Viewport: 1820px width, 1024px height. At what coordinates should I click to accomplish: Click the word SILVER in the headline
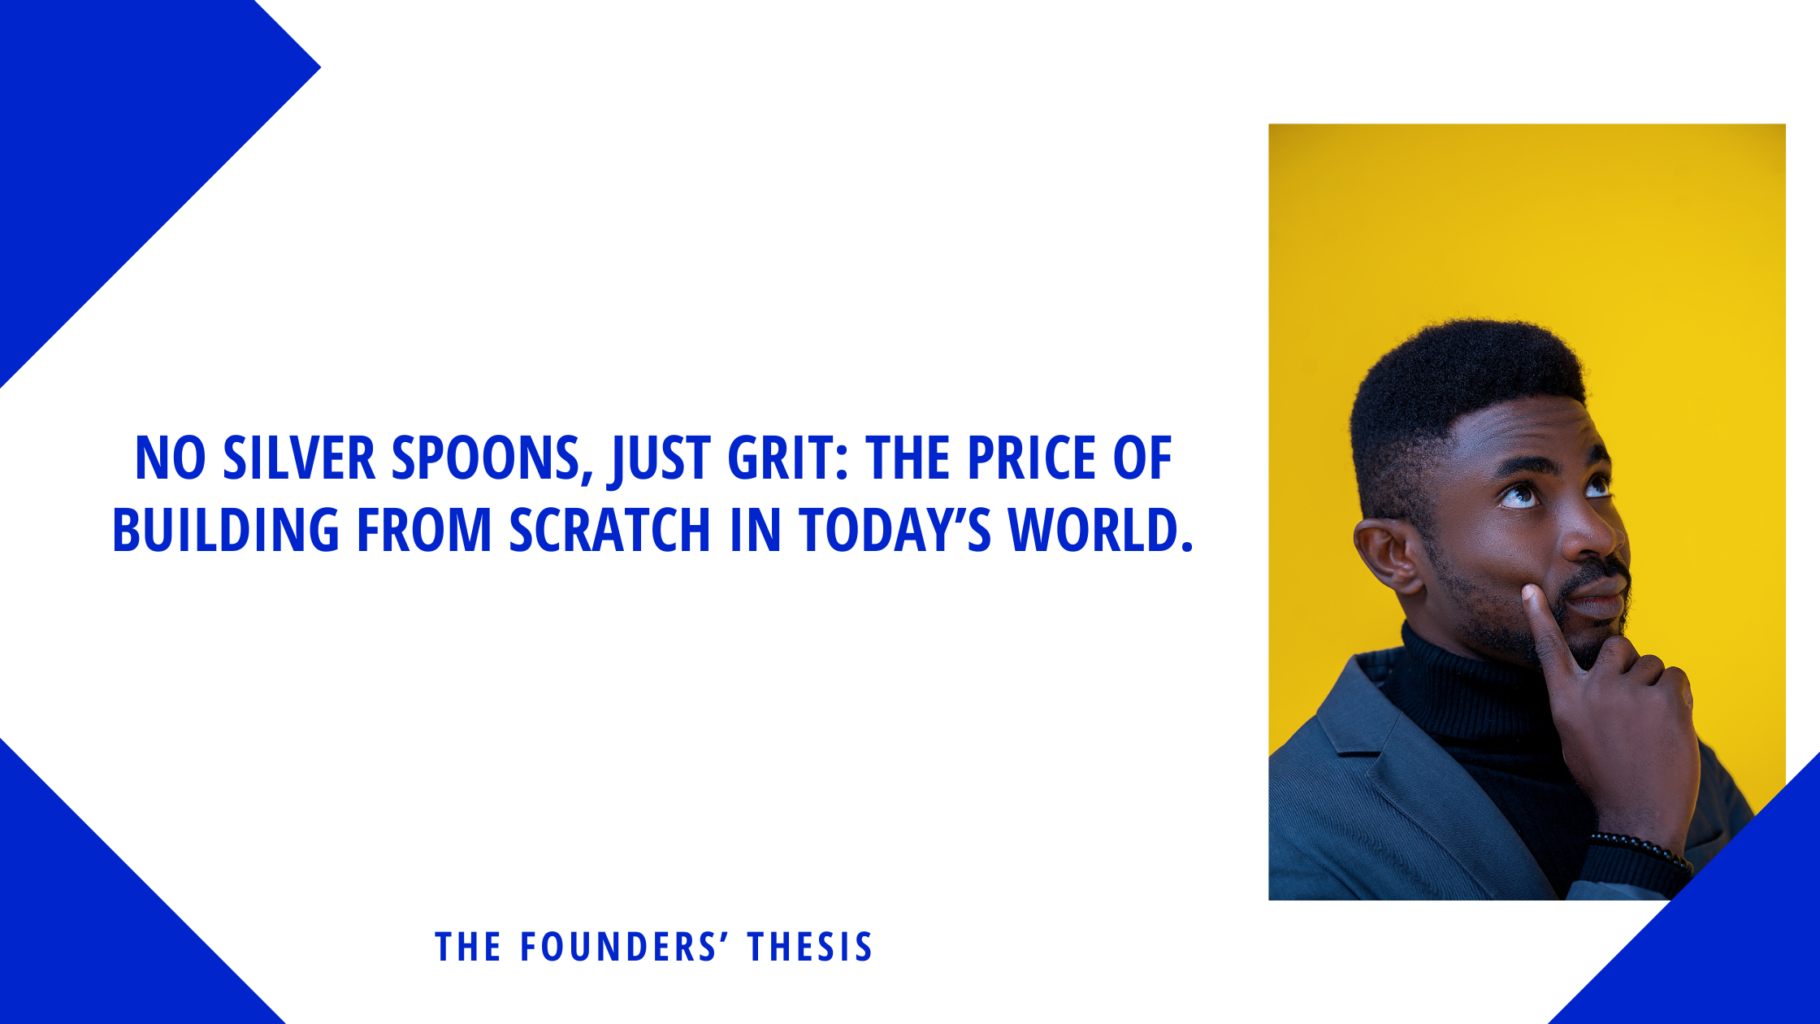coord(299,458)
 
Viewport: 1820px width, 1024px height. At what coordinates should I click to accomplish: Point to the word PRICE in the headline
coord(1031,458)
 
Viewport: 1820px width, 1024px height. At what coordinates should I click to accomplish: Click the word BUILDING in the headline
coord(226,530)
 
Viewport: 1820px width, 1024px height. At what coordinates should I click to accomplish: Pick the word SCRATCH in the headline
coord(610,530)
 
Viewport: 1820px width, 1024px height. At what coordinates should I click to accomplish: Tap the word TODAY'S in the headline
coord(895,530)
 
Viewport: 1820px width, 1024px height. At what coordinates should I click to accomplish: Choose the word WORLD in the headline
coord(1101,530)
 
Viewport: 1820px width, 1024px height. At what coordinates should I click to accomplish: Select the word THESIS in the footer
coord(810,948)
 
